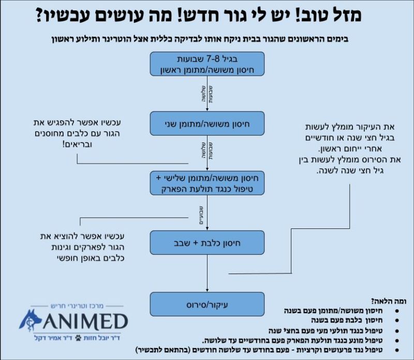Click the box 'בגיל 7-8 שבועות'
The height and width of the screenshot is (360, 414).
pyautogui.click(x=207, y=63)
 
